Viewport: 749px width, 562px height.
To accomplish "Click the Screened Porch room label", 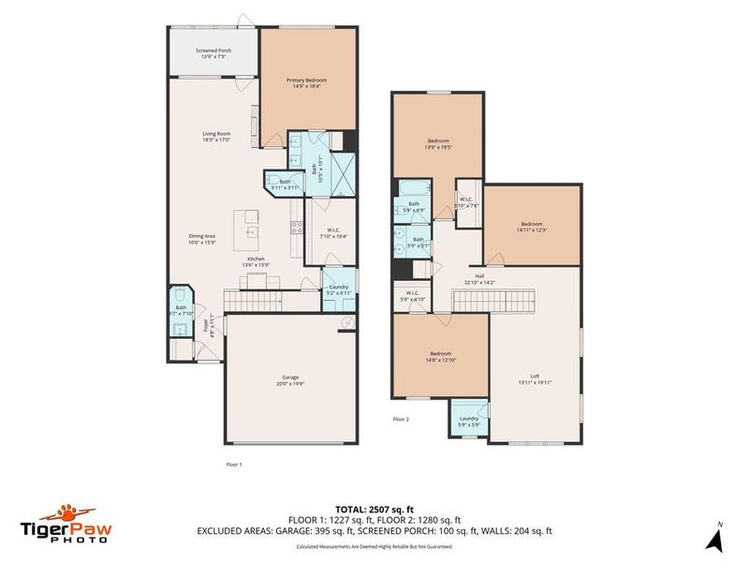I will (x=213, y=52).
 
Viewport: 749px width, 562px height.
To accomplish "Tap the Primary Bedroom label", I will (x=306, y=83).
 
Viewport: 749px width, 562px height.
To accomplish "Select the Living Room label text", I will (x=217, y=137).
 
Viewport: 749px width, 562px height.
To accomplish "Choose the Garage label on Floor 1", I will (x=291, y=378).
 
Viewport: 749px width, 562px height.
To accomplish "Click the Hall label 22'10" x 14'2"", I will (x=480, y=279).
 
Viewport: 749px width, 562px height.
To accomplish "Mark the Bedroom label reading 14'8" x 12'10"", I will (x=439, y=357).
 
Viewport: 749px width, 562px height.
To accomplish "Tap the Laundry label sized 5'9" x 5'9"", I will (x=469, y=421).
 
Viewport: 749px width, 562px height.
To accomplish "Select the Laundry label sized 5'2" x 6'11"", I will (x=337, y=290).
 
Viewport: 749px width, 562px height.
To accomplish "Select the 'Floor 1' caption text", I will (x=234, y=464).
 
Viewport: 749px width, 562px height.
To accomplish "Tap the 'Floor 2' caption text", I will (x=401, y=419).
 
